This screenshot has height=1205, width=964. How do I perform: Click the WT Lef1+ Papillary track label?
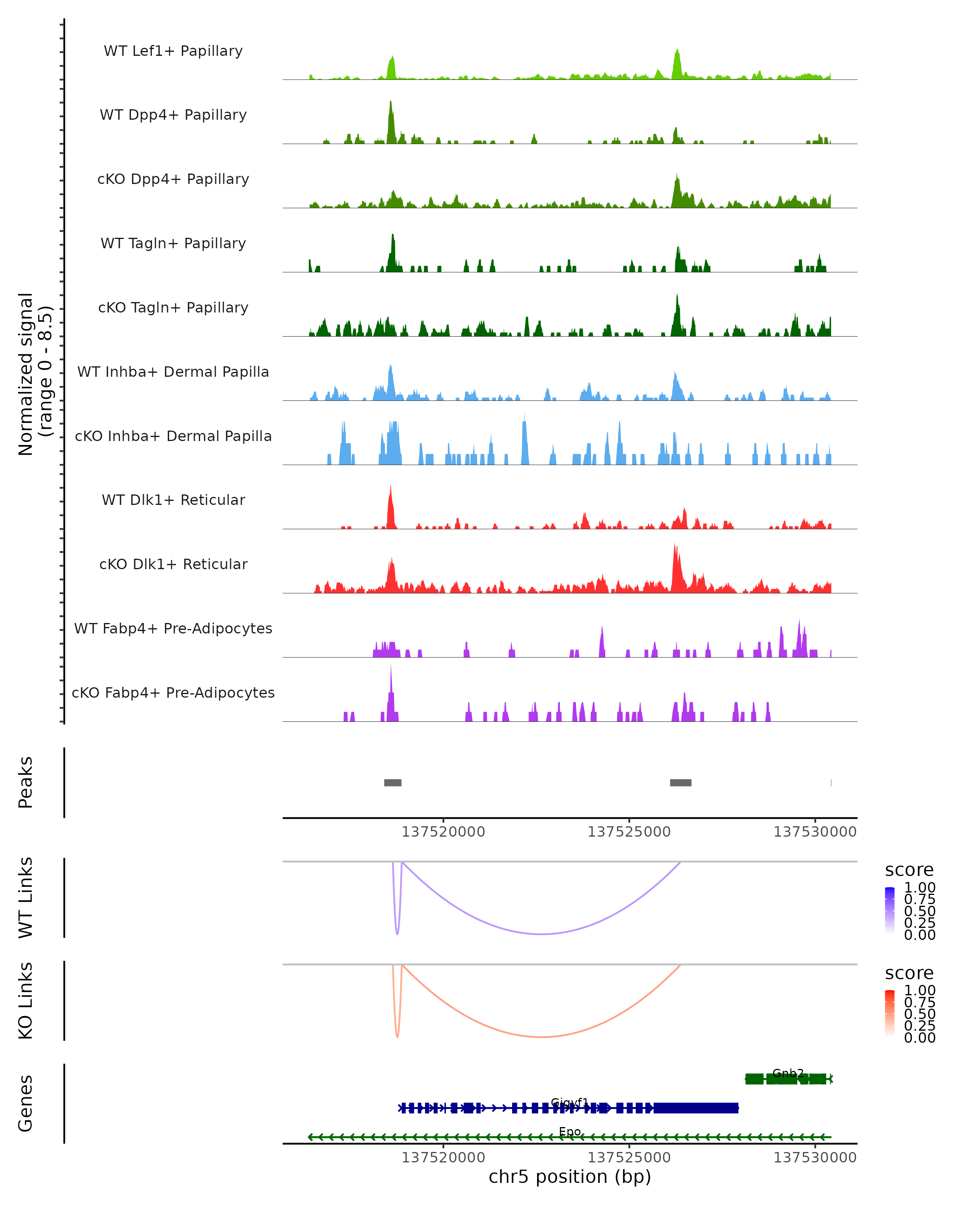(173, 51)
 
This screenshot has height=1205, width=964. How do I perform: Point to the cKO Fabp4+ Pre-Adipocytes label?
(173, 692)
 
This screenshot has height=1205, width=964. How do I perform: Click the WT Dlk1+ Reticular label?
(173, 500)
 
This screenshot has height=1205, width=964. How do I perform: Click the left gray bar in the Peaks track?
(392, 782)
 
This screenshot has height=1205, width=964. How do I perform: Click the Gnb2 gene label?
(788, 1073)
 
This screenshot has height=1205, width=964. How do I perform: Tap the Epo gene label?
(570, 1132)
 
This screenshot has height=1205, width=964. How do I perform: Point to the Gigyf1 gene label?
(570, 1103)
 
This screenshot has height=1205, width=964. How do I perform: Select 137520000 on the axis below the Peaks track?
(443, 832)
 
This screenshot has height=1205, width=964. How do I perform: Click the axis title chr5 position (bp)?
(570, 1177)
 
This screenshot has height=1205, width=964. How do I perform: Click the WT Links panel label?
(26, 898)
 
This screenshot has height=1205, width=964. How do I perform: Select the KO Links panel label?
(26, 1001)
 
